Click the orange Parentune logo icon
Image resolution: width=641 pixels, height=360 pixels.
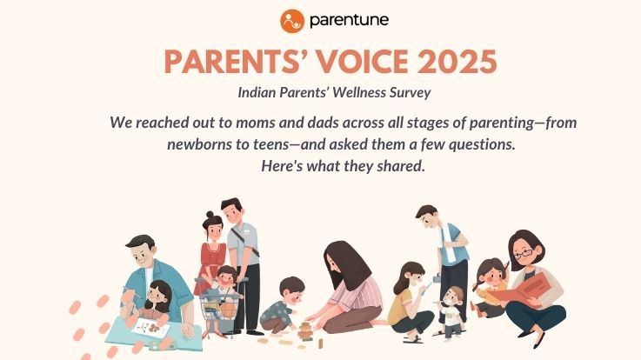(x=293, y=19)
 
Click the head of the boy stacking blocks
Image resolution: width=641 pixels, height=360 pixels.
(x=291, y=288)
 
